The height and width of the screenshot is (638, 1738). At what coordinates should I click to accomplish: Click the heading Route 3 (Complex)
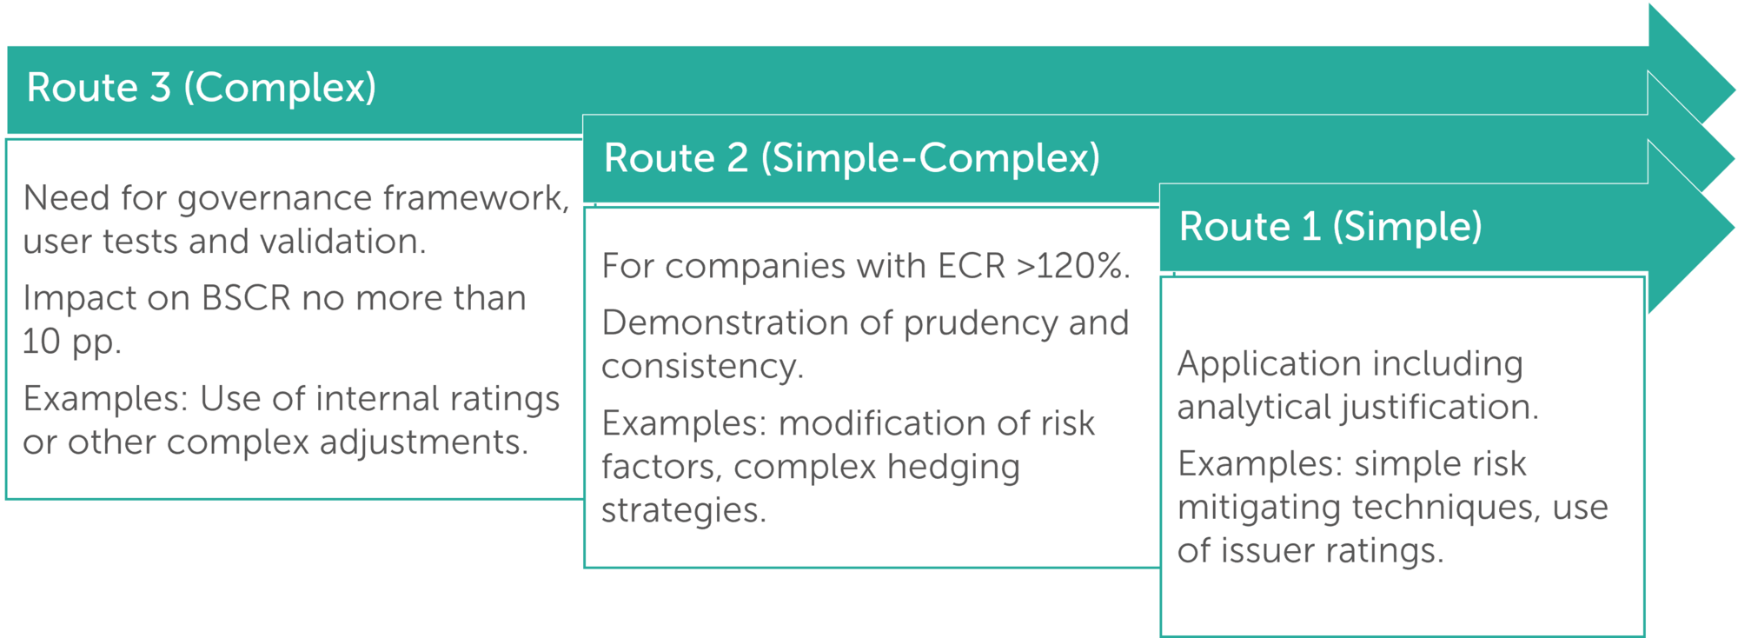[x=202, y=88]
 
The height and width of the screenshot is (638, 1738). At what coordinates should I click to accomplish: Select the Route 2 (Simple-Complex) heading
[x=852, y=158]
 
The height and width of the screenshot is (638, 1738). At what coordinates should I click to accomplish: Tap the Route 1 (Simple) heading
[x=1330, y=227]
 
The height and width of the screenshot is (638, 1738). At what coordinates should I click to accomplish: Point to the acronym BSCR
[x=246, y=298]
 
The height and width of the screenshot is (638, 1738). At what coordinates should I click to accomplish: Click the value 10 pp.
[x=72, y=342]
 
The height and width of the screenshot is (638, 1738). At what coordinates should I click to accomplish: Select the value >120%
[x=1073, y=266]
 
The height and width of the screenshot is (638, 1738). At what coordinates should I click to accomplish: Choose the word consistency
[x=702, y=367]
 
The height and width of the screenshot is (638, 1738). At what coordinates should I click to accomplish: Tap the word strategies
[x=684, y=510]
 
